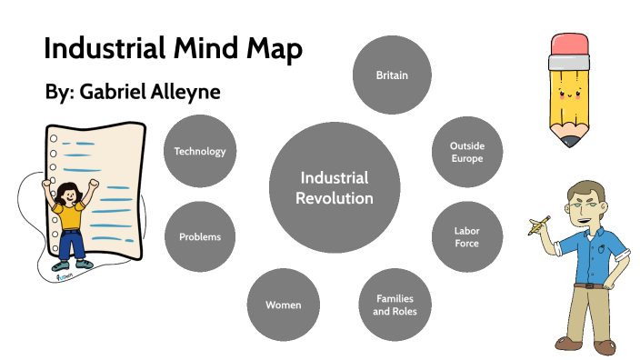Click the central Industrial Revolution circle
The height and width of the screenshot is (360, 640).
pos(335,187)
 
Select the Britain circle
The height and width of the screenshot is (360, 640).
pos(392,75)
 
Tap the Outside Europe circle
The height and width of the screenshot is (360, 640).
pos(465,152)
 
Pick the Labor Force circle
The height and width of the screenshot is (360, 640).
pos(466,236)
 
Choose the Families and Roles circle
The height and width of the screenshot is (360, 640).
pos(395,305)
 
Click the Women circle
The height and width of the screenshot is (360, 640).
pos(283,305)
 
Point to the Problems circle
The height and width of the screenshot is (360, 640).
pos(200,236)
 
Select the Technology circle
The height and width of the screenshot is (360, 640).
pos(200,152)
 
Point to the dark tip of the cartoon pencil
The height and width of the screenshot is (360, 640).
pos(571,142)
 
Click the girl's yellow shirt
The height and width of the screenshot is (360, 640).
pos(68,215)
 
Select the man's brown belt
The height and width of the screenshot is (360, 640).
pos(591,285)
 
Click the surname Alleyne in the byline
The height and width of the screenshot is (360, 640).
pos(187,93)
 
